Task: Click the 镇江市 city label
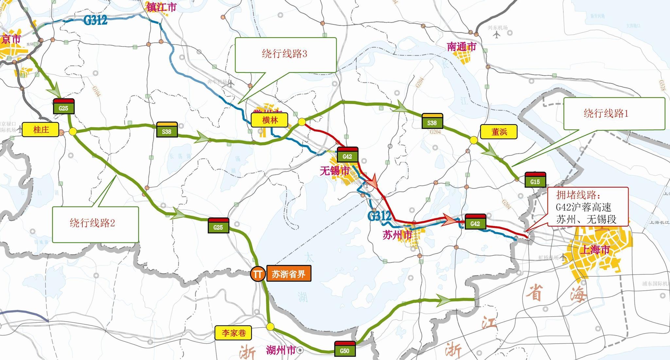[161, 7]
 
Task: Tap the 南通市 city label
[462, 47]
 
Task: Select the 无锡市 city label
[334, 171]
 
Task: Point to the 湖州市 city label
[281, 350]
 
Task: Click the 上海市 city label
[595, 250]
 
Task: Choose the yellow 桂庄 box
[41, 130]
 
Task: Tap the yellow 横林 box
[270, 120]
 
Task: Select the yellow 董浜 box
[499, 132]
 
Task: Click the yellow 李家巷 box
[234, 333]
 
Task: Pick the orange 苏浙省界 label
[289, 274]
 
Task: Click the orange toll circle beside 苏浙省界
[257, 274]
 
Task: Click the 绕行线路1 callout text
[606, 113]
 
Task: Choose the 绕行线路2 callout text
[92, 223]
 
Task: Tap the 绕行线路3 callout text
[284, 54]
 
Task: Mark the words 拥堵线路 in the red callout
[578, 195]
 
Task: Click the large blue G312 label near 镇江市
[95, 20]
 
